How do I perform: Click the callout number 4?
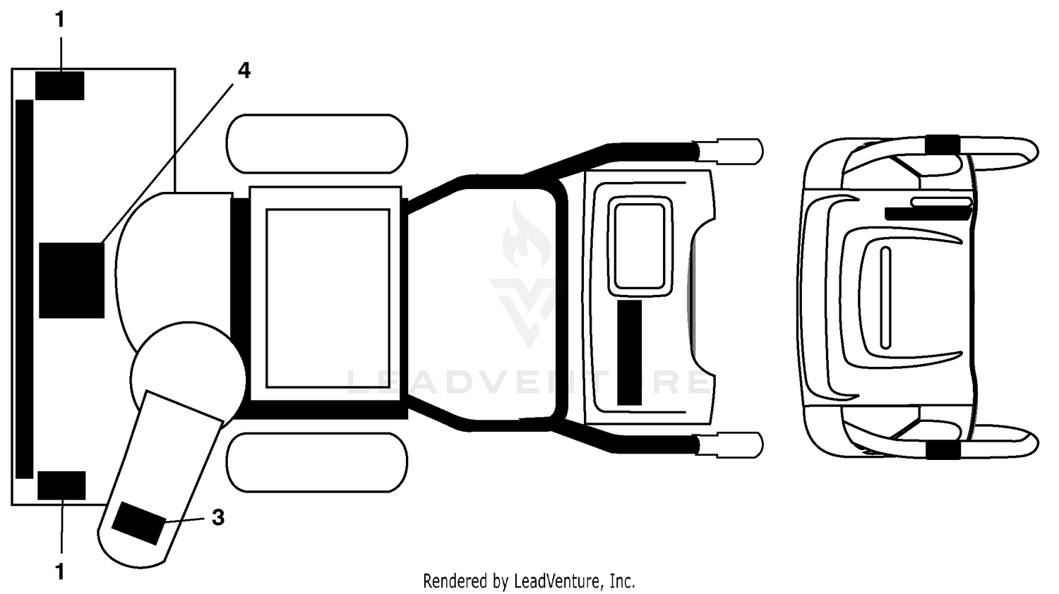[244, 71]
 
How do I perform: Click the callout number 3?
[218, 517]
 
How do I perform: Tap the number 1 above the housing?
[59, 19]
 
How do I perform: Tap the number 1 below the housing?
[59, 572]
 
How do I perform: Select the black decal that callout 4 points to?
[71, 280]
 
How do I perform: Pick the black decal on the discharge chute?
[138, 523]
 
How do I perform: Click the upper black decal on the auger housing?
[59, 85]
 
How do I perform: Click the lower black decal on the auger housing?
[61, 485]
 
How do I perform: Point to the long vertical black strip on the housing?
[25, 289]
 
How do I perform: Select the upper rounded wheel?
[317, 144]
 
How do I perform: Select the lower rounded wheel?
[317, 463]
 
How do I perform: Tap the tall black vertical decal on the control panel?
[629, 353]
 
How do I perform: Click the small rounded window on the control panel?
[640, 246]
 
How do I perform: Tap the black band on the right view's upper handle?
[943, 144]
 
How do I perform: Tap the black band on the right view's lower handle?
[943, 450]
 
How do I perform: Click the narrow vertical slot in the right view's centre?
[885, 298]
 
